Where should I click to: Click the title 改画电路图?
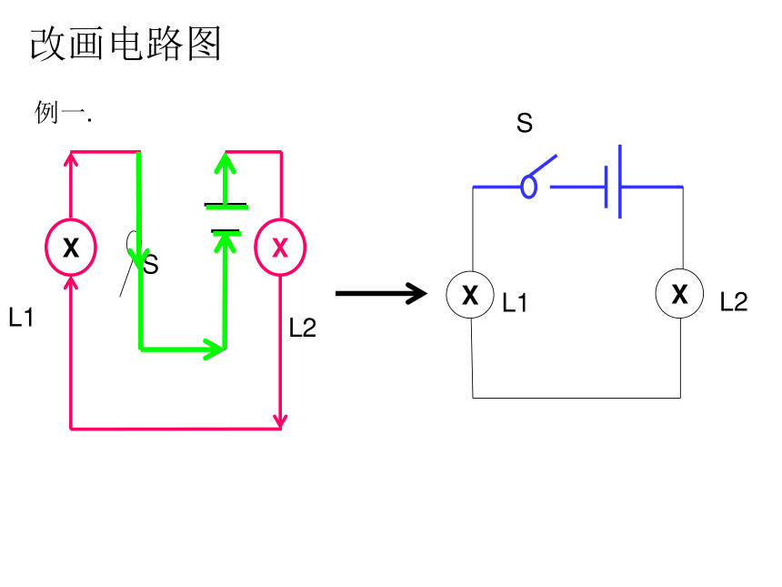[125, 44]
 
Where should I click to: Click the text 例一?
[63, 112]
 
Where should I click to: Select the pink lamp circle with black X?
[71, 247]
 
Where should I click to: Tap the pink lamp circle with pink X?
[280, 247]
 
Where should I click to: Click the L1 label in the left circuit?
[21, 318]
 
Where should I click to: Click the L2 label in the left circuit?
[303, 328]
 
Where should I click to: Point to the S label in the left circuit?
[151, 265]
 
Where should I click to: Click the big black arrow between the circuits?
[382, 293]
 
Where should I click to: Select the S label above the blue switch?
[525, 123]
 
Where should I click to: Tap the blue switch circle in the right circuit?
[528, 187]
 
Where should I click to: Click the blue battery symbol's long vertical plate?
[620, 182]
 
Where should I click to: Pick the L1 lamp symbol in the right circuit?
[470, 295]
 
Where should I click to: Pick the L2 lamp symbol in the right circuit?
[680, 293]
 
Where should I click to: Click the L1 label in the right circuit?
[515, 302]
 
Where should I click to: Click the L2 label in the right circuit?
[734, 301]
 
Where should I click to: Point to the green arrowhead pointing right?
[216, 349]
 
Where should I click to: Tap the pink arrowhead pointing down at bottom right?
[281, 420]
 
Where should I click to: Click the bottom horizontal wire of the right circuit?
[576, 398]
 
